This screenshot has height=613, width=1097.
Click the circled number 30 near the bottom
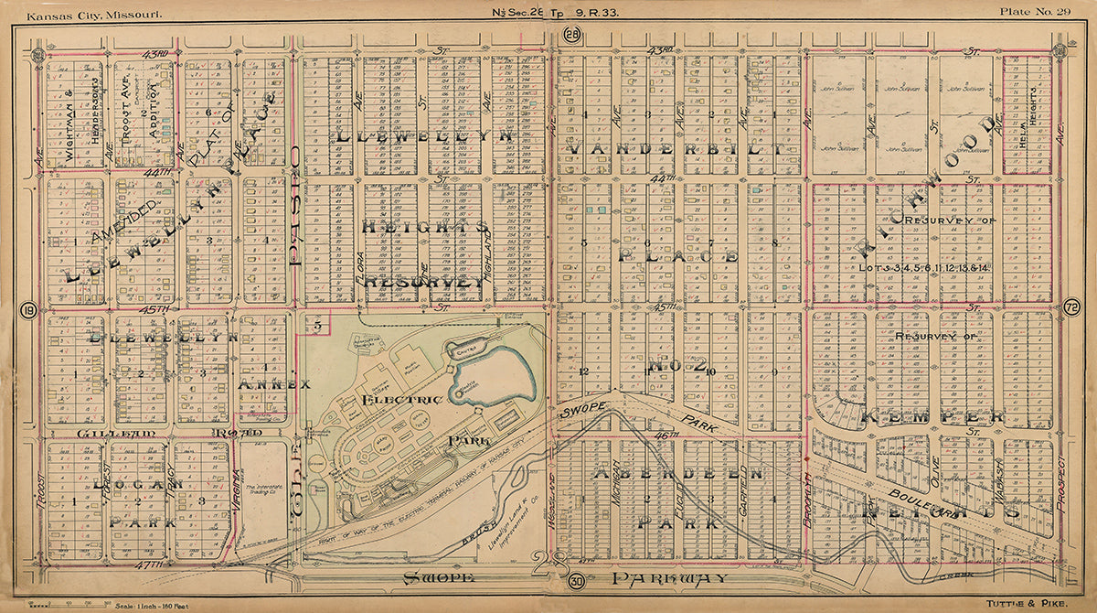coord(576,580)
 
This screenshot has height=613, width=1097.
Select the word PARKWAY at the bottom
coord(671,578)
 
